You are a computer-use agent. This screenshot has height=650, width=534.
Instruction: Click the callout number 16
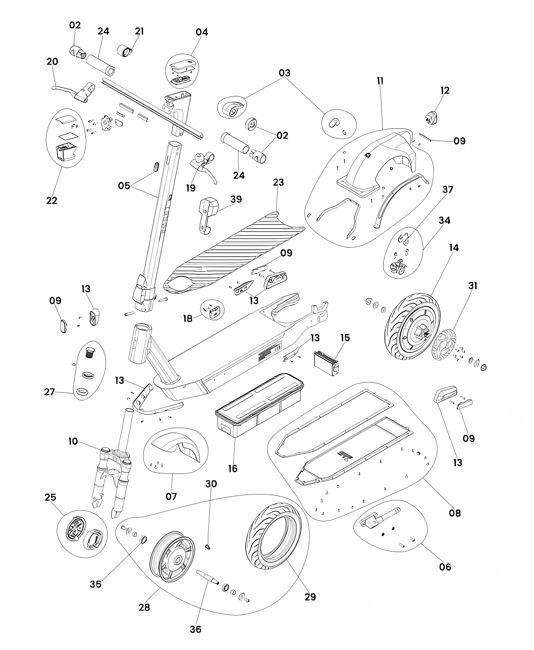point(233,469)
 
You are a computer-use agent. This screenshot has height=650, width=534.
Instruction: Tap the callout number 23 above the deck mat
point(278,182)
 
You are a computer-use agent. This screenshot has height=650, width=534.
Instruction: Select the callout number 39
point(236,199)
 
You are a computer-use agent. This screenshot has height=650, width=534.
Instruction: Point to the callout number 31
point(473,286)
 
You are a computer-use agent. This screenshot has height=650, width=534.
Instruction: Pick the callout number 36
point(195,629)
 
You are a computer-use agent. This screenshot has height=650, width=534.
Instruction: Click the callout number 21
point(139,31)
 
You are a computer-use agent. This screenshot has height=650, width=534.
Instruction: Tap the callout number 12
point(445,90)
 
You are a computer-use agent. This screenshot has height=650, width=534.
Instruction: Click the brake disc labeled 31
point(444,345)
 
